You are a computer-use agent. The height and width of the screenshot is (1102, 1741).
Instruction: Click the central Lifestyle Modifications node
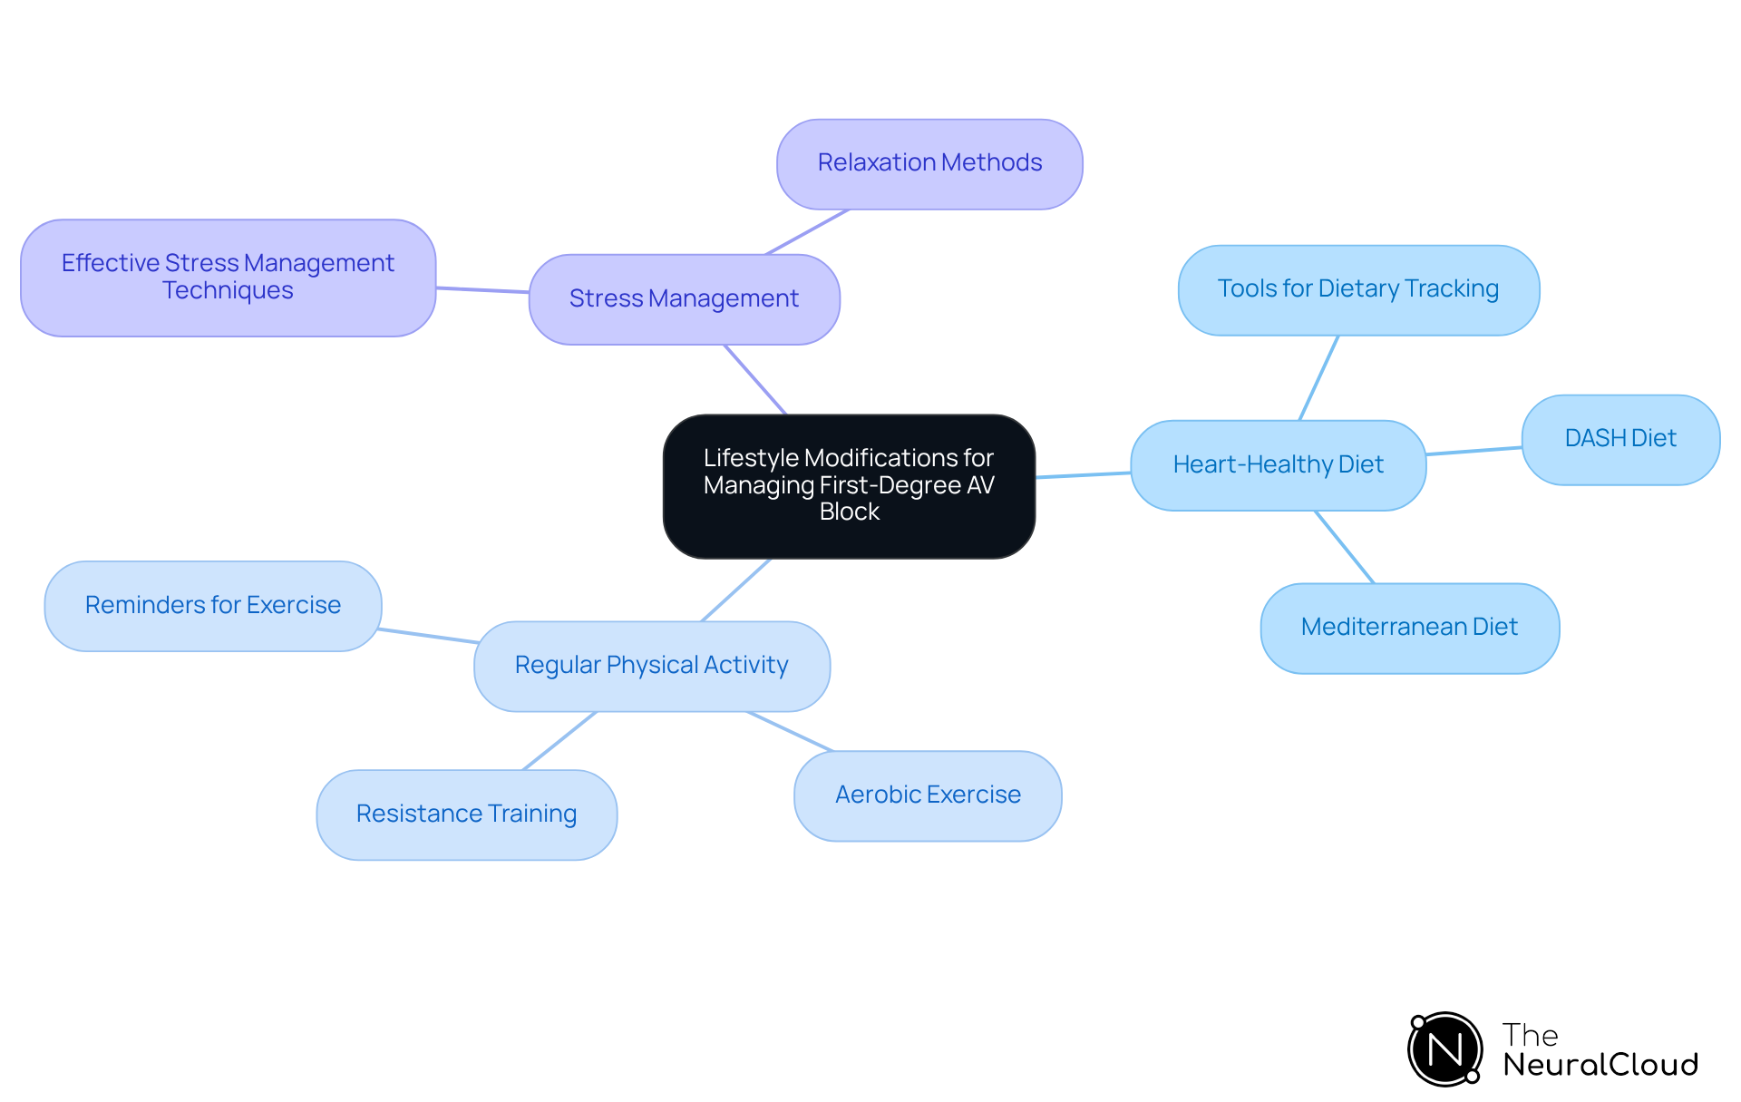849,486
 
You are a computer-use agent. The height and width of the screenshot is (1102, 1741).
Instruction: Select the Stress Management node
684,299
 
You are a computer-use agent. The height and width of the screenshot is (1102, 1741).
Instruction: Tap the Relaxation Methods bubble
929,164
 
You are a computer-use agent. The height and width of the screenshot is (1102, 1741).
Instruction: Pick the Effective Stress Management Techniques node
228,278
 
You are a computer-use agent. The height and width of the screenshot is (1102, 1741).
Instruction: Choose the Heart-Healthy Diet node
1278,465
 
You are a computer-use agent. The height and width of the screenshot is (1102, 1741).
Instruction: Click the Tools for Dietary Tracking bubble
1357,290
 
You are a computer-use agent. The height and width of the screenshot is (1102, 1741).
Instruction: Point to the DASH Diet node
1619,440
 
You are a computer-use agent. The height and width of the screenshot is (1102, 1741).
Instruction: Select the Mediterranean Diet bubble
1409,628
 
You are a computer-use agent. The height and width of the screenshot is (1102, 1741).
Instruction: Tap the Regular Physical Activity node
651,666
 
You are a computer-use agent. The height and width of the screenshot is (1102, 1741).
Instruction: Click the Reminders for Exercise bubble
213,606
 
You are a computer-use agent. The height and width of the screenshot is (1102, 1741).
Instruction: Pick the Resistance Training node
466,814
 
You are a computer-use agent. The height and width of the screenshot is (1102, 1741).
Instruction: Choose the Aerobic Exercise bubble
928,795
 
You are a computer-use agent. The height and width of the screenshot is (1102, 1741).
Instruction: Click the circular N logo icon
1444,1049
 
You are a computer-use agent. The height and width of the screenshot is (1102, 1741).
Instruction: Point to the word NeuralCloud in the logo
1600,1065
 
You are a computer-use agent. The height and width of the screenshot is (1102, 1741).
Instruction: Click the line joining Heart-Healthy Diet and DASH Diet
1474,451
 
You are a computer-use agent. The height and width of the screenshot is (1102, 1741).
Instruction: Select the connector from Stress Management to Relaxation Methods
807,232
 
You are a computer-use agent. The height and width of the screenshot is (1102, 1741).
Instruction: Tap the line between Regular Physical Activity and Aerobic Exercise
789,731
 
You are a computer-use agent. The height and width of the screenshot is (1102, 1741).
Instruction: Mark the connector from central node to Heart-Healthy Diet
1083,474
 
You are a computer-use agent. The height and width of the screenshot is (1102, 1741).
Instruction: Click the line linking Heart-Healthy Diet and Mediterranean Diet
1345,547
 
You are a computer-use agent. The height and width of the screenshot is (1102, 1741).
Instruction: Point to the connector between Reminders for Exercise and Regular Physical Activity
428,636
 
